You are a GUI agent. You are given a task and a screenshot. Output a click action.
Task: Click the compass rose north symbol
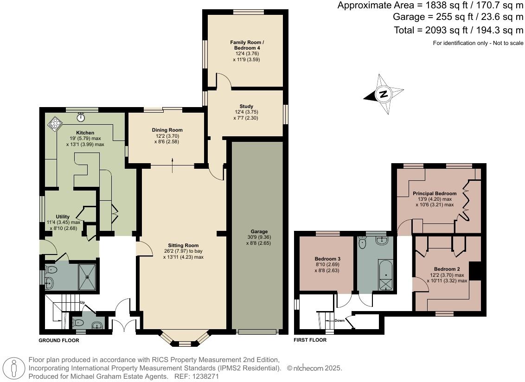pyautogui.click(x=383, y=94)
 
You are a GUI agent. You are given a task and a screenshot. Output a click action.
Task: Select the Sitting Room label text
pyautogui.click(x=183, y=245)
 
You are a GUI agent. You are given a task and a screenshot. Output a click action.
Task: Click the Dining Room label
pyautogui.click(x=167, y=130)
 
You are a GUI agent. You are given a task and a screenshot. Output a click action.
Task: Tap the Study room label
pyautogui.click(x=246, y=106)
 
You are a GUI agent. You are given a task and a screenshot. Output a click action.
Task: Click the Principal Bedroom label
pyautogui.click(x=435, y=193)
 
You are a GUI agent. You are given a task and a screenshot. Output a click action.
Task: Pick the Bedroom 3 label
pyautogui.click(x=327, y=259)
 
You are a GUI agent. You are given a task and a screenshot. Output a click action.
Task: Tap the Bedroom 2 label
pyautogui.click(x=447, y=269)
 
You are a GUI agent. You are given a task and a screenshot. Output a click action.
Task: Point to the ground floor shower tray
pyautogui.click(x=88, y=276)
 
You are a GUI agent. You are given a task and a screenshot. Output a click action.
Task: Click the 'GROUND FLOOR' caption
pyautogui.click(x=59, y=340)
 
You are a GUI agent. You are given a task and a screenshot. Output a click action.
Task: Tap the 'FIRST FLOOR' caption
pyautogui.click(x=310, y=340)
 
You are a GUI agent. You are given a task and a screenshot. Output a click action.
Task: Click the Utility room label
pyautogui.click(x=63, y=216)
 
